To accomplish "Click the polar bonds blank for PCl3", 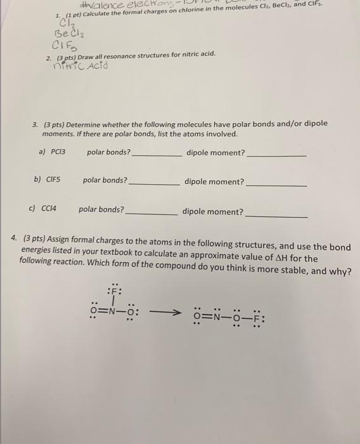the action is point(157,155).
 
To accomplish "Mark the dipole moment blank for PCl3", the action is point(276,155).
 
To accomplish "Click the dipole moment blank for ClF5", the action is point(276,184).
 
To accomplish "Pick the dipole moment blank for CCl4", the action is point(276,214).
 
